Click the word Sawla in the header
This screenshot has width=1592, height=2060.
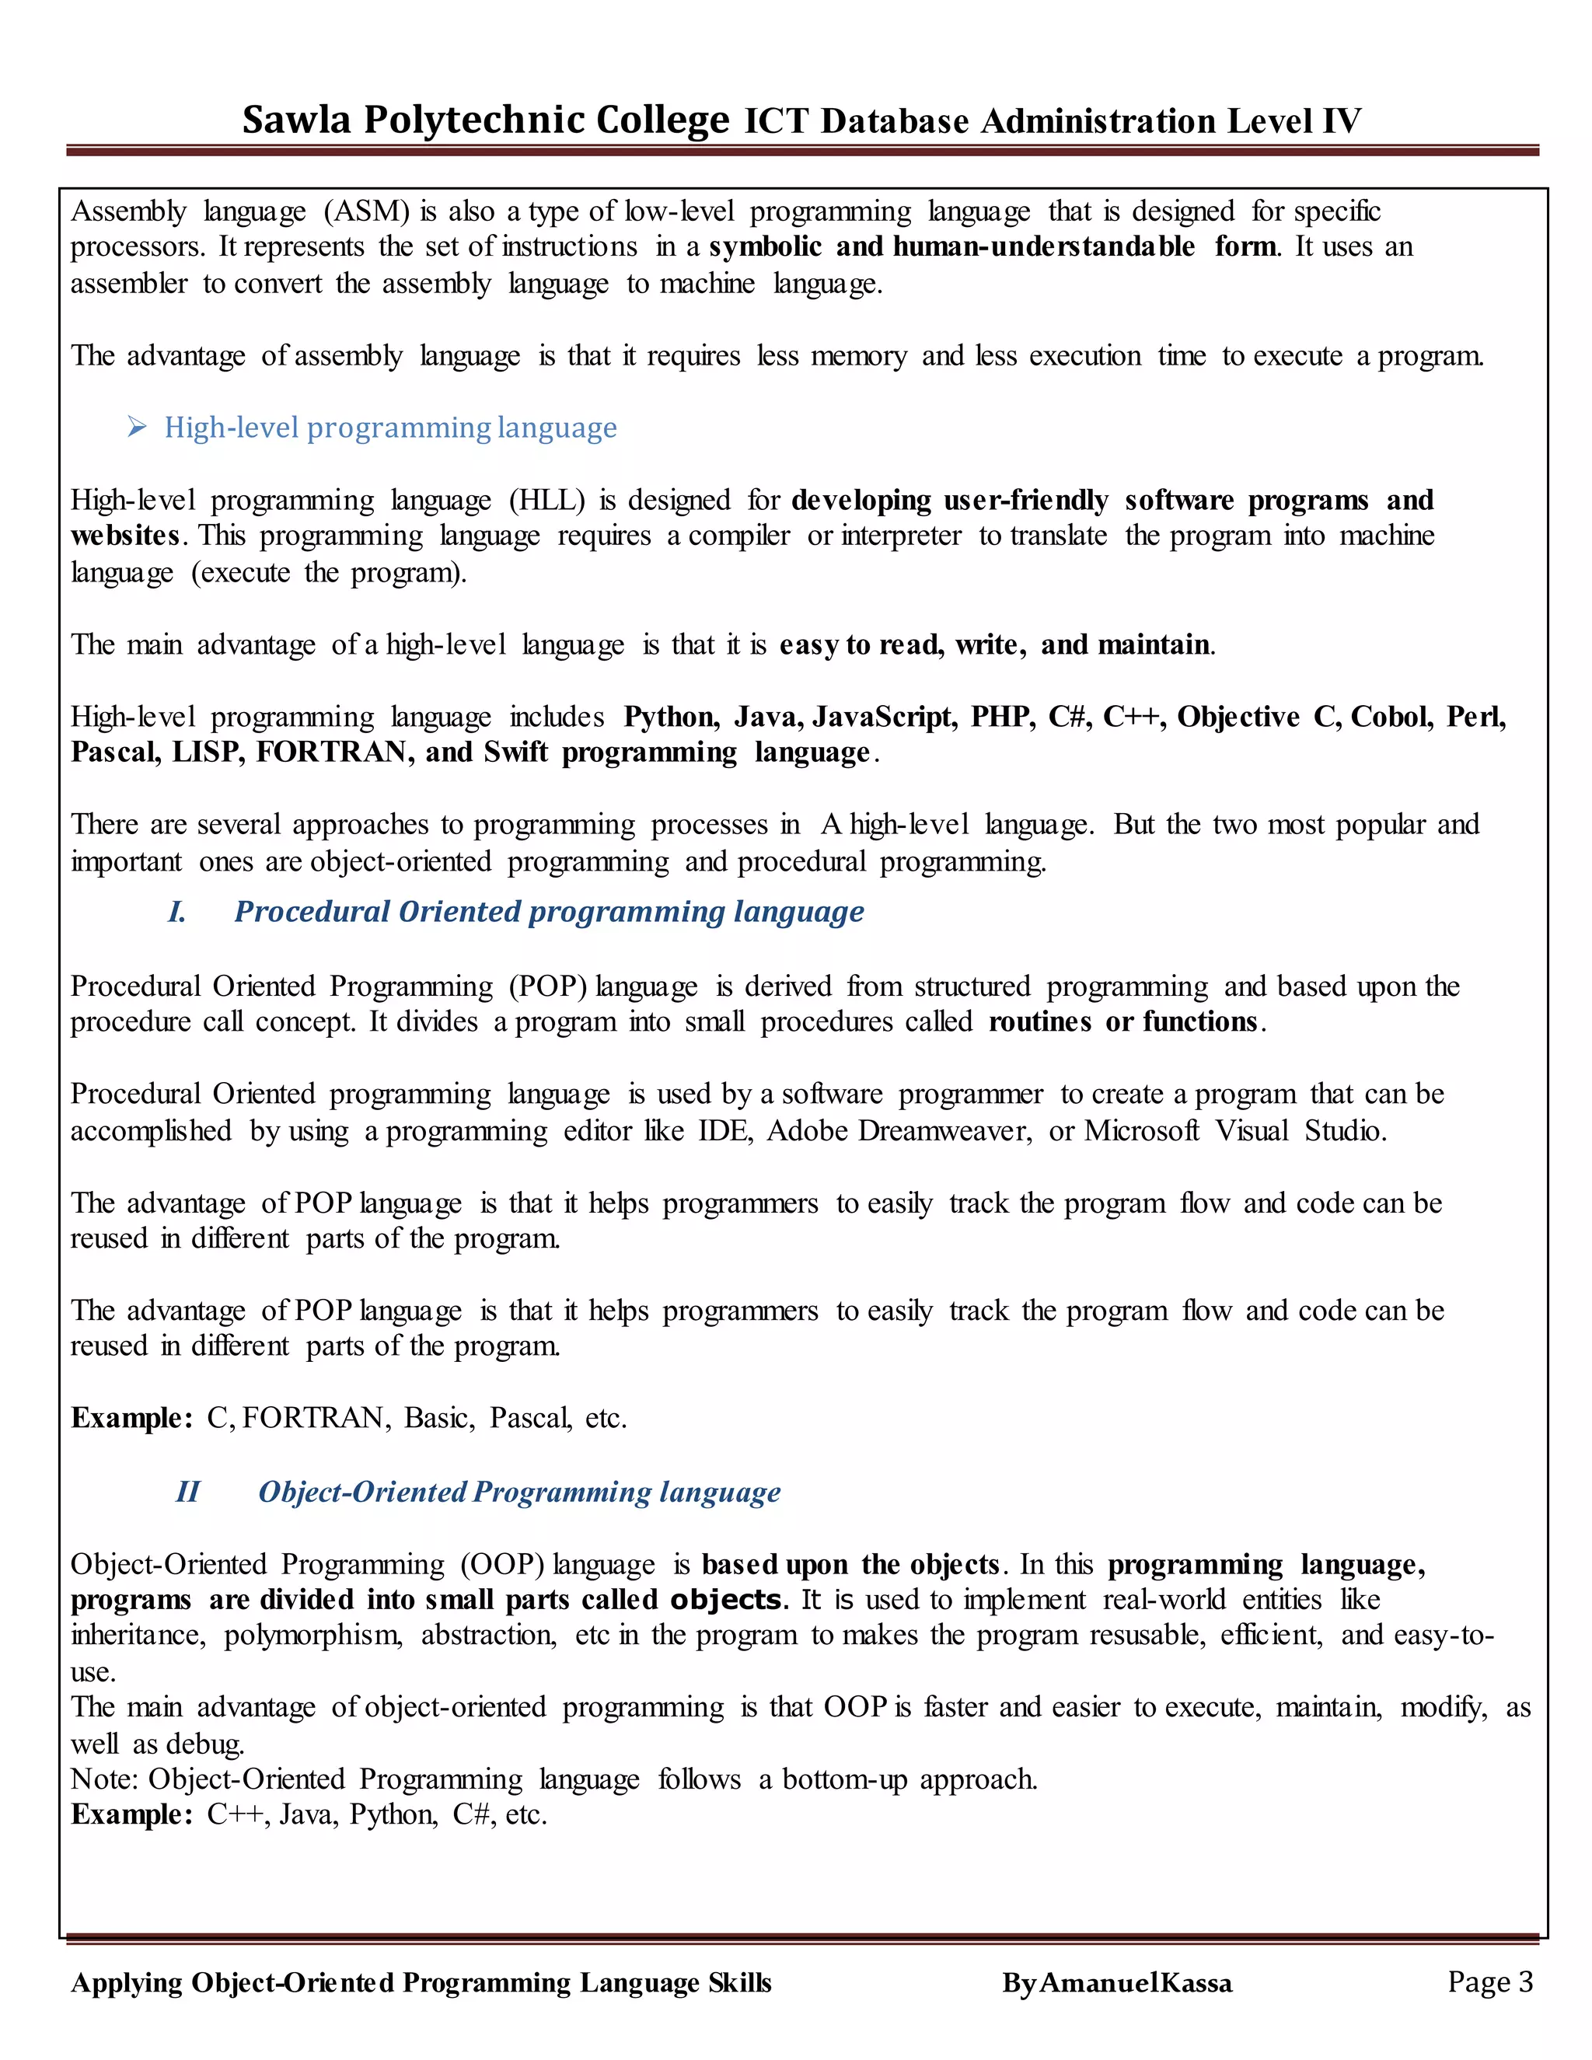296,120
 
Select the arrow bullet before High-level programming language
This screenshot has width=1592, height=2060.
138,428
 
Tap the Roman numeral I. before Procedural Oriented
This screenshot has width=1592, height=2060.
176,912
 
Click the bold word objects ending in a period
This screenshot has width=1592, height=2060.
727,1600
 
